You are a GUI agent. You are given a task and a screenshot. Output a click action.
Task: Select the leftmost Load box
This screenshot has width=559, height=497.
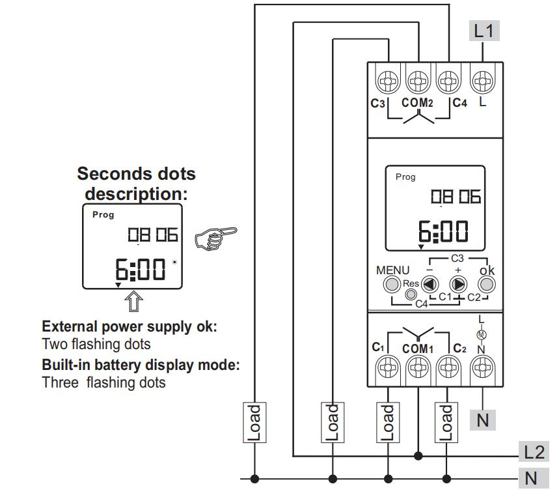tap(255, 421)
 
